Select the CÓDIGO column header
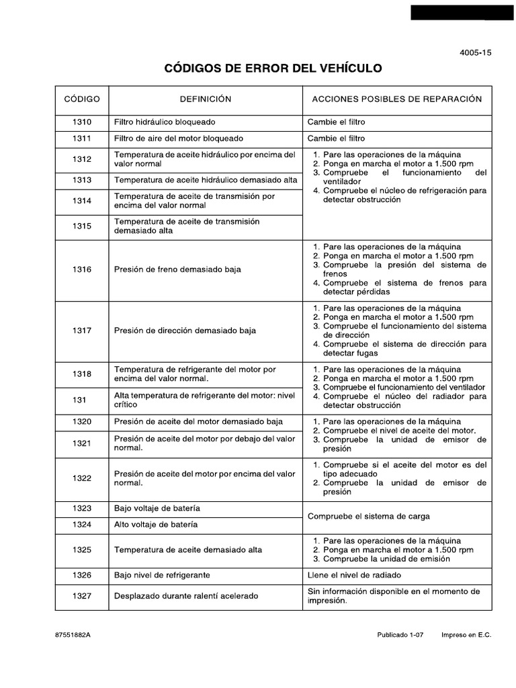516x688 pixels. (x=82, y=99)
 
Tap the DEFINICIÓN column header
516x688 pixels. (x=206, y=99)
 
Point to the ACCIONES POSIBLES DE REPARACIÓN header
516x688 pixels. (x=397, y=99)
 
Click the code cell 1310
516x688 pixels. (x=82, y=122)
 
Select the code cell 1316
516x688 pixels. (x=82, y=269)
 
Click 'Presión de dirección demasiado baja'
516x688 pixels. (x=185, y=331)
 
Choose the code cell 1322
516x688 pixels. (x=82, y=478)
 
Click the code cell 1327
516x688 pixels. (x=82, y=595)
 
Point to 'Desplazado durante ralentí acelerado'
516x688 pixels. (x=186, y=595)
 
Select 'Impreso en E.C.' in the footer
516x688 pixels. (x=466, y=635)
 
